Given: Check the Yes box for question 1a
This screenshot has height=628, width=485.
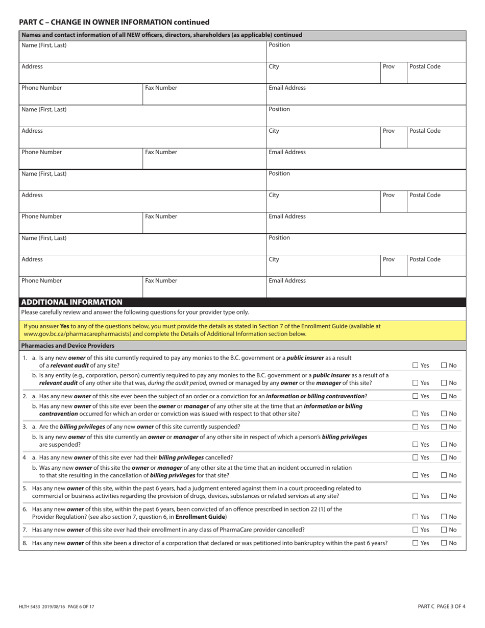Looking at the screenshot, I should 416,365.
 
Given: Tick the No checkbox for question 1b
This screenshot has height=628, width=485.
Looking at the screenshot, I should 444,383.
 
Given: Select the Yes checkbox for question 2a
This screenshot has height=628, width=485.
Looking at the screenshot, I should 416,396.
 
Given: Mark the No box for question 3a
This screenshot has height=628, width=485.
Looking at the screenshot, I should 444,427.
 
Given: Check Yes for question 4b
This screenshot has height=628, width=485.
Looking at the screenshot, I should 416,475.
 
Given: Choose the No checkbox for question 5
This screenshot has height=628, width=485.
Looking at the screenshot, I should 444,496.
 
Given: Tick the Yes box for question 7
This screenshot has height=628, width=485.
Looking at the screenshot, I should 416,529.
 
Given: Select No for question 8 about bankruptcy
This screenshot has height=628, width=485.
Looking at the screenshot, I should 444,543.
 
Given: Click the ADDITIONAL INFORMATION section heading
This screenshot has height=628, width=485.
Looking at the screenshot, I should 72,302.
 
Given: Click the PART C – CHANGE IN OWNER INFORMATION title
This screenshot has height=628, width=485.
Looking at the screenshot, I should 114,22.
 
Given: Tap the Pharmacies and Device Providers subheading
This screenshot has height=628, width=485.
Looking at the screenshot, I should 68,346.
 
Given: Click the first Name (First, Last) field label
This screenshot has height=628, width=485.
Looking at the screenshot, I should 44,45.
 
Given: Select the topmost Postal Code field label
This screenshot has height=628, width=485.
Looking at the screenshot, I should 425,66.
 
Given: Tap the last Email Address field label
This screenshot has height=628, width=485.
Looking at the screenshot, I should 287,281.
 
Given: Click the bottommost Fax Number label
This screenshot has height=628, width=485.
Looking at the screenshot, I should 161,281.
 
